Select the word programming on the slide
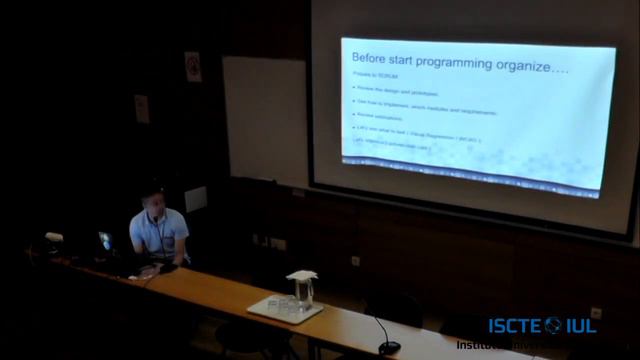point(460,62)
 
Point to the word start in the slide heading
point(415,61)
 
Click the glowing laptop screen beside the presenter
point(105,241)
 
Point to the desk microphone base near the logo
point(388,346)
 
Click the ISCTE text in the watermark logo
point(515,325)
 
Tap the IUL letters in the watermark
point(581,325)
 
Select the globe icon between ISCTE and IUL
point(553,325)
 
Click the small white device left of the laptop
point(54,238)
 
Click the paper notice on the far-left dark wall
point(141,108)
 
